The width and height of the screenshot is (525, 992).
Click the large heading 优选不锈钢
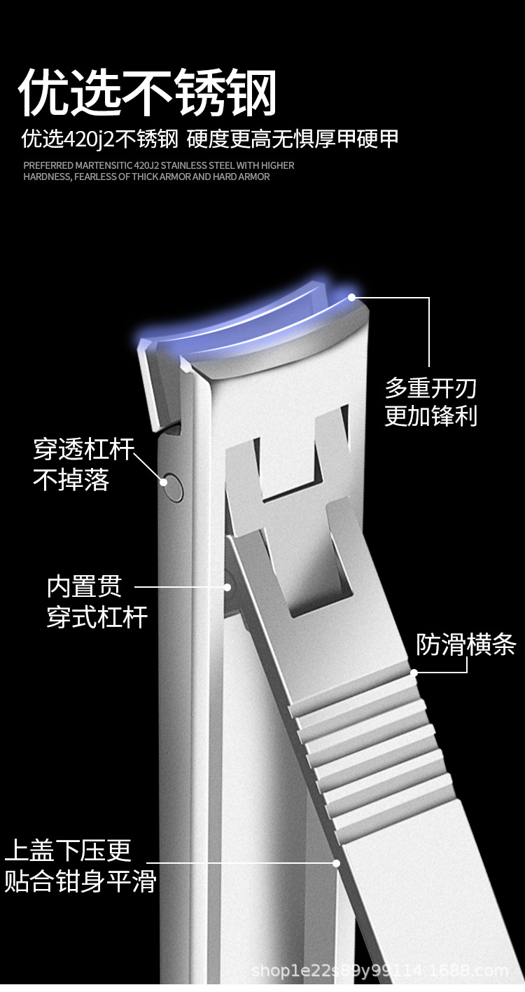(148, 92)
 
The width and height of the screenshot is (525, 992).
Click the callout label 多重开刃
(430, 387)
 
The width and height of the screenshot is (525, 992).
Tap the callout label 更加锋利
(430, 415)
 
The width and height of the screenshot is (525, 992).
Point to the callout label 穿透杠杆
(83, 450)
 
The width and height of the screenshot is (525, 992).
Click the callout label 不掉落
(71, 480)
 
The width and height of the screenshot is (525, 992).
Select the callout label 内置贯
(84, 586)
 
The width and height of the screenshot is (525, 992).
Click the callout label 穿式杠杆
(97, 617)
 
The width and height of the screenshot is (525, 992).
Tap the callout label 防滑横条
(465, 645)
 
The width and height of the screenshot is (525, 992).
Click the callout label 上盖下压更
(68, 850)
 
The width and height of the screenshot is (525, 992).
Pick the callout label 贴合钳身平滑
(80, 881)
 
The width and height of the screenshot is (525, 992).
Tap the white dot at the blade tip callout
(352, 297)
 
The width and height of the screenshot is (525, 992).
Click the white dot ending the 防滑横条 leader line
(414, 673)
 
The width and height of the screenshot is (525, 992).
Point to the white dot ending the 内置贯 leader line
(227, 587)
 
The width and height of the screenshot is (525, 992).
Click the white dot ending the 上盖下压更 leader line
(337, 863)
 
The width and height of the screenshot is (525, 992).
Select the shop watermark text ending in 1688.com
(379, 971)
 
